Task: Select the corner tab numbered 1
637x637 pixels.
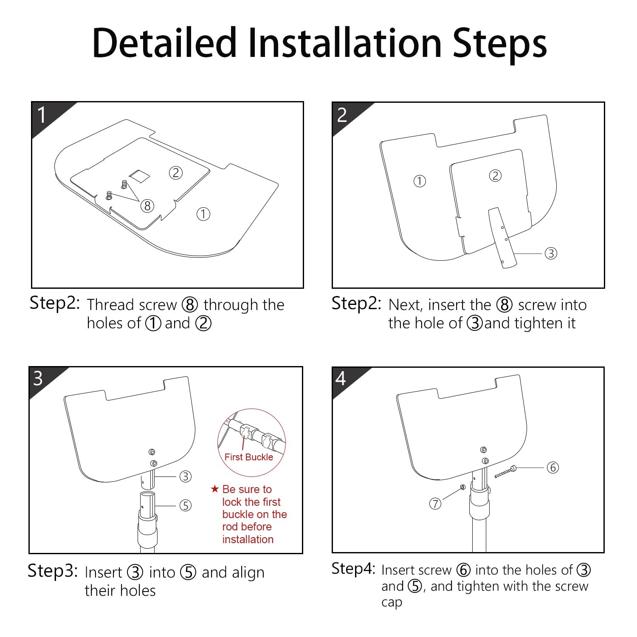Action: click(x=47, y=117)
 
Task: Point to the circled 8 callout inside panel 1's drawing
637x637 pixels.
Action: click(x=147, y=206)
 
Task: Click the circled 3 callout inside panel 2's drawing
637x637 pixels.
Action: click(x=551, y=254)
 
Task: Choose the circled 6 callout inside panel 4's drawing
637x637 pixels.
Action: click(x=552, y=468)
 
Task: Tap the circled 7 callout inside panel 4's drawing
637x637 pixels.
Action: click(x=435, y=504)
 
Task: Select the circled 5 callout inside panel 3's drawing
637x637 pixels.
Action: click(x=186, y=505)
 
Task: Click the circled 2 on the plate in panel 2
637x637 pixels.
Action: click(x=495, y=175)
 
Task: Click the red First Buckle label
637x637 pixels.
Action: click(x=249, y=457)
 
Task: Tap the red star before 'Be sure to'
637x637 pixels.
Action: click(x=215, y=489)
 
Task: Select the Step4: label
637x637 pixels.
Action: click(x=353, y=569)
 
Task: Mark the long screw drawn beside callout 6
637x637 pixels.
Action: click(x=505, y=472)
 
